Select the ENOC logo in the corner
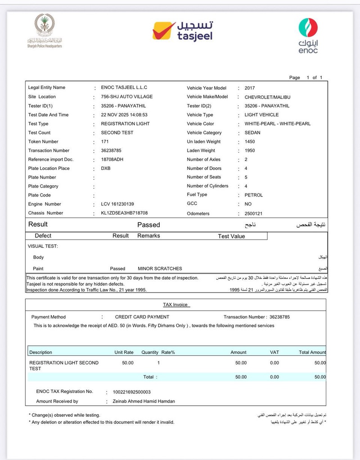click(308, 36)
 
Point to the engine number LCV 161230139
click(117, 204)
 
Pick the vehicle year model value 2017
click(250, 88)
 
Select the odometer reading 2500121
click(253, 214)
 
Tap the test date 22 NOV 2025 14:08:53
click(124, 115)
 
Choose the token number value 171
click(105, 142)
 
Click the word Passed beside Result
click(148, 225)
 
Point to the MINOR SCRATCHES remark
click(160, 268)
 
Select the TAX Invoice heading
click(175, 305)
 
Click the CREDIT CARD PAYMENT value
click(142, 317)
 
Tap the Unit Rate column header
click(124, 353)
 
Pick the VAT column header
click(274, 353)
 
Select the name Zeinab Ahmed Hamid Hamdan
click(140, 401)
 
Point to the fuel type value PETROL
click(254, 195)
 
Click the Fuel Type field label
click(197, 195)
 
